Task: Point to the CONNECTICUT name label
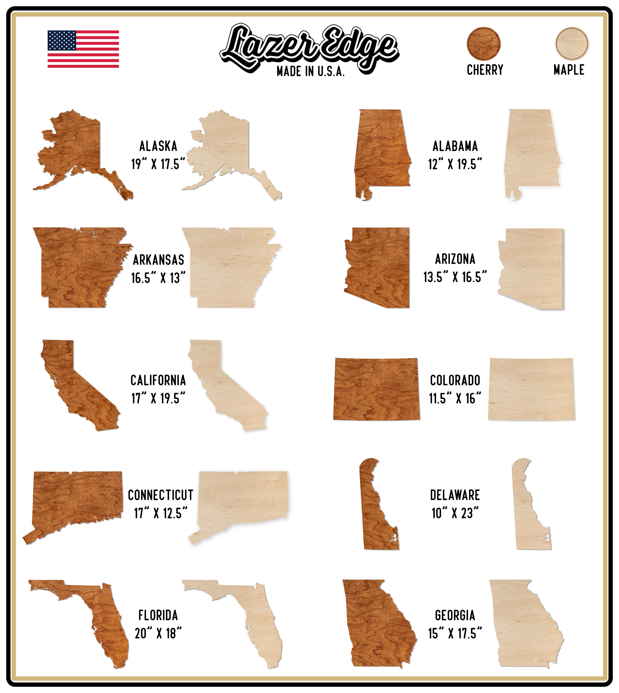point(161,495)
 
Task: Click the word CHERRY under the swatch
point(485,70)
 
